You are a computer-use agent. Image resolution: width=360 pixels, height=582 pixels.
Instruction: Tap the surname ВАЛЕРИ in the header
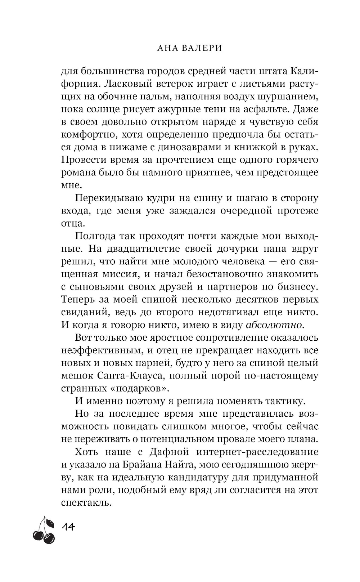[200, 48]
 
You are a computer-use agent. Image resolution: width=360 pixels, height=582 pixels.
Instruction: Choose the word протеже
[301, 211]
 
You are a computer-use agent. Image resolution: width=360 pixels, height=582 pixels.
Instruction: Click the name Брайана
[142, 465]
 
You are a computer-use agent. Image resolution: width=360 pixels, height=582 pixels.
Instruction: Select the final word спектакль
[85, 502]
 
